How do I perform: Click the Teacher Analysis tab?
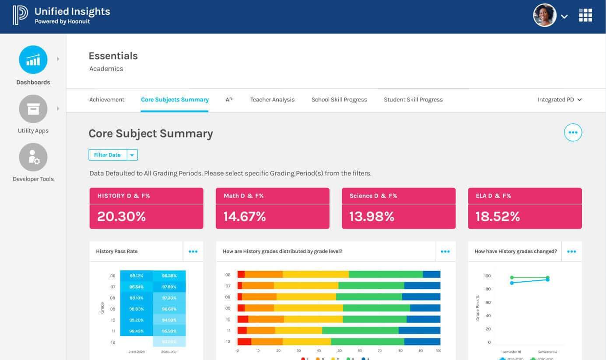click(272, 100)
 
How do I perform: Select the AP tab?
click(229, 100)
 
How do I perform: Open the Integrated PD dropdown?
click(560, 100)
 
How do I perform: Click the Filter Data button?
click(108, 155)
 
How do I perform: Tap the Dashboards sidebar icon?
click(33, 59)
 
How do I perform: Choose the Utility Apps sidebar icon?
click(33, 109)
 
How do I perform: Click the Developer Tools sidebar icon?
click(33, 157)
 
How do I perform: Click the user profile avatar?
click(544, 16)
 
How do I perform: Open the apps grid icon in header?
click(585, 15)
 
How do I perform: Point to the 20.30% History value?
click(122, 216)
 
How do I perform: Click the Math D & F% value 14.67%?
click(245, 216)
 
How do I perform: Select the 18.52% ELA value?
click(497, 216)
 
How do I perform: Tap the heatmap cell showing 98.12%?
click(137, 276)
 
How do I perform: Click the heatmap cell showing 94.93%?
click(169, 320)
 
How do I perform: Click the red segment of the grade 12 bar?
click(244, 341)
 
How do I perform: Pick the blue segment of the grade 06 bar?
click(431, 274)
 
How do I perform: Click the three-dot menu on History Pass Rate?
click(193, 252)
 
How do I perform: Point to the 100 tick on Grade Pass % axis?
click(487, 276)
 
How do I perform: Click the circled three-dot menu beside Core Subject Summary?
click(573, 133)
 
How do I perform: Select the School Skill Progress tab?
click(339, 100)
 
